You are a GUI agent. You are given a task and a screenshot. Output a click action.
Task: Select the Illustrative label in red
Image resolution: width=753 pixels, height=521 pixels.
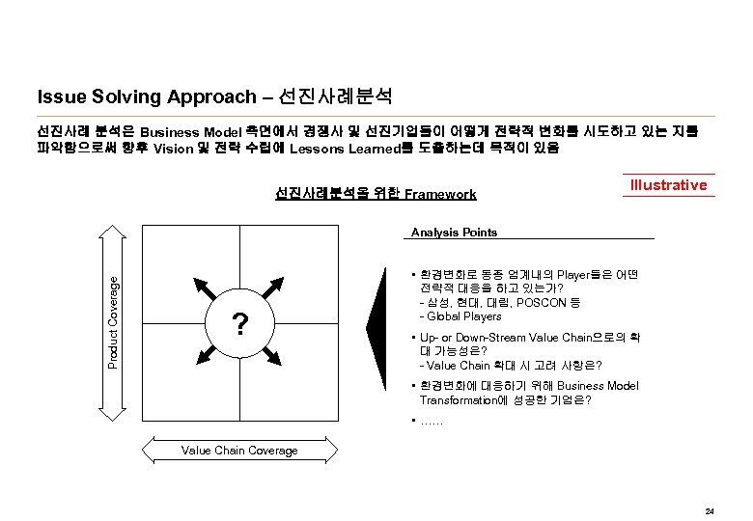668,184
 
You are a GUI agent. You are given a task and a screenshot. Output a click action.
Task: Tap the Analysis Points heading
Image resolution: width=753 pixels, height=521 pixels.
454,233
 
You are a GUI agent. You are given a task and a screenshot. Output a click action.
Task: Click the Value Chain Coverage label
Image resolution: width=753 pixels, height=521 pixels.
239,451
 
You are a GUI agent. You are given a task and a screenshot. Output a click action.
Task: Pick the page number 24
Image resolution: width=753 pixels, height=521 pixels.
710,510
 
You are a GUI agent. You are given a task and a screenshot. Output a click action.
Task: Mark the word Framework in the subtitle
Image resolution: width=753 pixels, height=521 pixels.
440,194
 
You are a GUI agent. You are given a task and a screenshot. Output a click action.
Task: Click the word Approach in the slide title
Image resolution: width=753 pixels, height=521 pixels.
213,96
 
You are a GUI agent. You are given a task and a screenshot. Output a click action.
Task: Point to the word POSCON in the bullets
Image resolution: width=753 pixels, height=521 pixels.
536,302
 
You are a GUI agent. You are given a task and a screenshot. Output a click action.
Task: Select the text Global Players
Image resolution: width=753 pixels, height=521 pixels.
464,316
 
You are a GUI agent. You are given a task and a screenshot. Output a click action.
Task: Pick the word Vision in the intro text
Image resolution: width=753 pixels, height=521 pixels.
173,150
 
